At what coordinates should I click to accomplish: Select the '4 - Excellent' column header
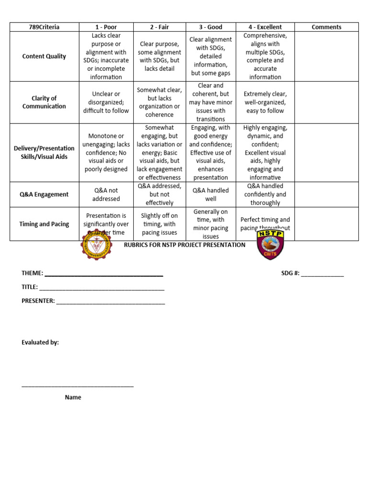(x=265, y=27)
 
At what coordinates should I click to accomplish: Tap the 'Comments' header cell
(x=326, y=27)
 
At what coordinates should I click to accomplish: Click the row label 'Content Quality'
(x=44, y=56)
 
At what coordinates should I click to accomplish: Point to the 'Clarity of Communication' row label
(x=44, y=102)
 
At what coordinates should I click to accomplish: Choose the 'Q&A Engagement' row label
(x=44, y=194)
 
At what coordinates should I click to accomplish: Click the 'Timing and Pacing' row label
(x=44, y=224)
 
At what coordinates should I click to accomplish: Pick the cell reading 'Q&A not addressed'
(x=106, y=194)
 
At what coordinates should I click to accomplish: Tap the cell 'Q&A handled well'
(x=211, y=194)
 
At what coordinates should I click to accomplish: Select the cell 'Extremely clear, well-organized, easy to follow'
(x=265, y=102)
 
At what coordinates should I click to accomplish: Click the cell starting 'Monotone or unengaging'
(x=106, y=153)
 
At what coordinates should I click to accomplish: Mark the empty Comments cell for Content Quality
(x=326, y=56)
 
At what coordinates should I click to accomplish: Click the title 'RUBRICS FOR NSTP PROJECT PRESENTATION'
(x=184, y=245)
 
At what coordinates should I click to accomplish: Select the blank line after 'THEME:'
(x=103, y=274)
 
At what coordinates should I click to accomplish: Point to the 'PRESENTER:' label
(x=38, y=301)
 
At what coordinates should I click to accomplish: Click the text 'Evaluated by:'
(x=40, y=343)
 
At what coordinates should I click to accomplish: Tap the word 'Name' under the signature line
(x=73, y=397)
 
